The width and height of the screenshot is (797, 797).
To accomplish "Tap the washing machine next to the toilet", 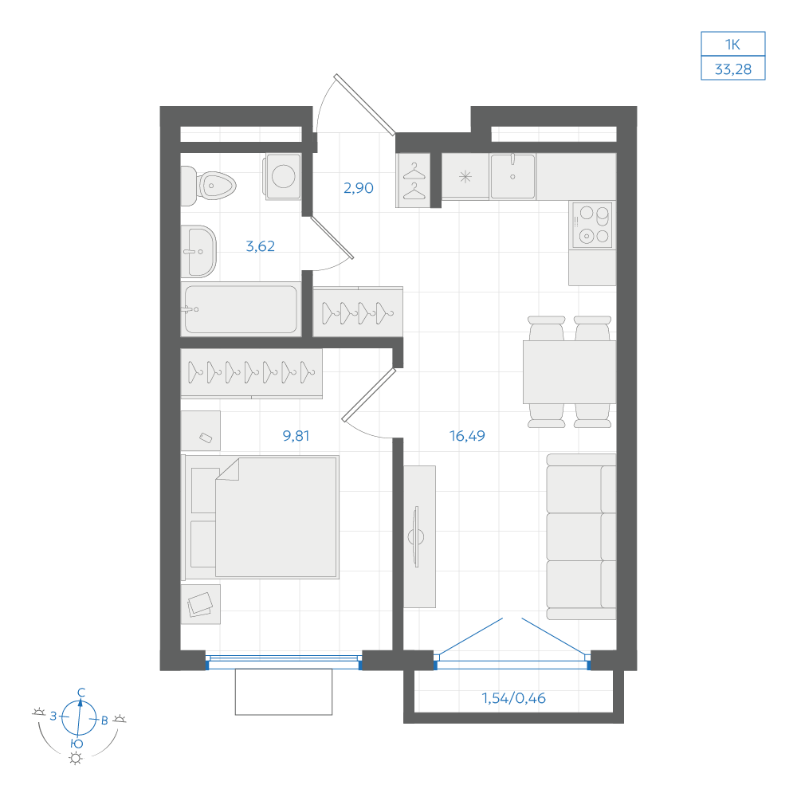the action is coord(282,176).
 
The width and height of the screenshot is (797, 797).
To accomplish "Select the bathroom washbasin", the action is coord(198,251).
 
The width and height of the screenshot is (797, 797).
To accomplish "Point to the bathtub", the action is coord(241,309).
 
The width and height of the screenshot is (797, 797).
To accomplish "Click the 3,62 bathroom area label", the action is coord(261,246).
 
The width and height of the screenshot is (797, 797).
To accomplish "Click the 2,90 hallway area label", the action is coord(359,188).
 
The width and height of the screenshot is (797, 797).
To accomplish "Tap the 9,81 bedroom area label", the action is coord(296,436).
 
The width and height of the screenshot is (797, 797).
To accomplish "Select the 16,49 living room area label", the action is coord(467,436).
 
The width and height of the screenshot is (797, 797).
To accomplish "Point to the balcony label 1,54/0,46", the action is coord(513,698).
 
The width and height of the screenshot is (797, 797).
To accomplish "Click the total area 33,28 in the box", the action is coord(733,69).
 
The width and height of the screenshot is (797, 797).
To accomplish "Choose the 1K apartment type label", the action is coord(732,45).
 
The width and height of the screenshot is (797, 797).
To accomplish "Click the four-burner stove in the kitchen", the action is coord(592,225).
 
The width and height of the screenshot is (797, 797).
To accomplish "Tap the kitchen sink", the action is coord(512,176).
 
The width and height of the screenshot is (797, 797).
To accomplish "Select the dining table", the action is coord(570,372).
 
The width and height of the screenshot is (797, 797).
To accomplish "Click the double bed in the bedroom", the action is coord(261,517).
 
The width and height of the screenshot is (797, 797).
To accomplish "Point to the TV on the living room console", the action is coord(417,536).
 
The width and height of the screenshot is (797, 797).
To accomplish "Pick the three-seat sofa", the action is coord(582,536).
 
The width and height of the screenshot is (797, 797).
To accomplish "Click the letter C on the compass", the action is coord(81,693).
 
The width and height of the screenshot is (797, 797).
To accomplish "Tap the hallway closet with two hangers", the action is coord(413,180).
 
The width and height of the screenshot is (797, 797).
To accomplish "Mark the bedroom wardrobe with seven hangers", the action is coord(252,372).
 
